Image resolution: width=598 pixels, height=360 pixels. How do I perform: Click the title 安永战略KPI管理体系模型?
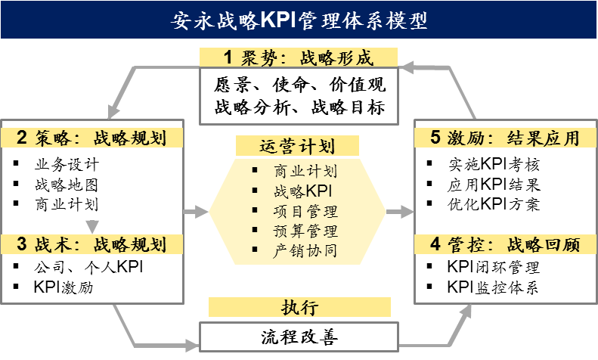(x=299, y=19)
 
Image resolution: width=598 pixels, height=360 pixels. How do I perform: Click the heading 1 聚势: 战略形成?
(x=299, y=58)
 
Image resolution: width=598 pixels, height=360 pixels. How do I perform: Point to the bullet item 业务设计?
(x=67, y=164)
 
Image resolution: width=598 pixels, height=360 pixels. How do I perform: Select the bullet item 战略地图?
(x=67, y=185)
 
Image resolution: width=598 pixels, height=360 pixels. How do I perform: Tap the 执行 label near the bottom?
(x=299, y=307)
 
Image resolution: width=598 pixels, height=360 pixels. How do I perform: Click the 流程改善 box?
(x=299, y=337)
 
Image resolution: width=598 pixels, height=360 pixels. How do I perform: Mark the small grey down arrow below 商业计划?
(x=93, y=225)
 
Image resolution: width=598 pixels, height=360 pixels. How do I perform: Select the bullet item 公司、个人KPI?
(x=88, y=267)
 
